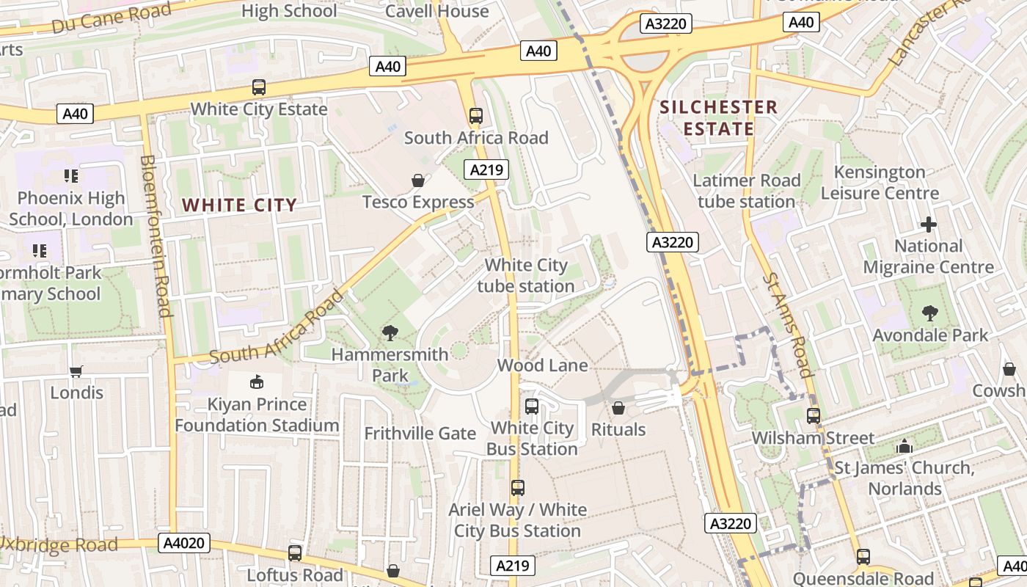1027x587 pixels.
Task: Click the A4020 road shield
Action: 184,543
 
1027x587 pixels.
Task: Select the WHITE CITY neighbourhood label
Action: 239,205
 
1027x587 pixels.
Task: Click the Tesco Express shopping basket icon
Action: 418,181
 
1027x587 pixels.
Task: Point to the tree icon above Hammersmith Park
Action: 390,333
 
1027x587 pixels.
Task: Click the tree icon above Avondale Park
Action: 929,313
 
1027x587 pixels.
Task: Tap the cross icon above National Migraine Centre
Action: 929,225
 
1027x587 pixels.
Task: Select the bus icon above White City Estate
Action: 259,87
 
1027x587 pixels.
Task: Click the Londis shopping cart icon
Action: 76,371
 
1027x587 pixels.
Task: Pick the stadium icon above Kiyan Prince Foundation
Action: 257,382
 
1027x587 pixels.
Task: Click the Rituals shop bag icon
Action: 618,407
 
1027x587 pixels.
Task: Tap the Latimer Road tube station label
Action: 747,191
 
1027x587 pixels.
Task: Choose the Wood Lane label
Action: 542,365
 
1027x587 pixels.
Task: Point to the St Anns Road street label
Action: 787,324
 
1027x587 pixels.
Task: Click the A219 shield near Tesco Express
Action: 486,170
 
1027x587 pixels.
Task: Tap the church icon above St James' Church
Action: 904,446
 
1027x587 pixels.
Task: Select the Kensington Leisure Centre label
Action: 880,183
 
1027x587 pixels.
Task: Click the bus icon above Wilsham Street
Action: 814,416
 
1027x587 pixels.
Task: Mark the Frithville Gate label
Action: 420,433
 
